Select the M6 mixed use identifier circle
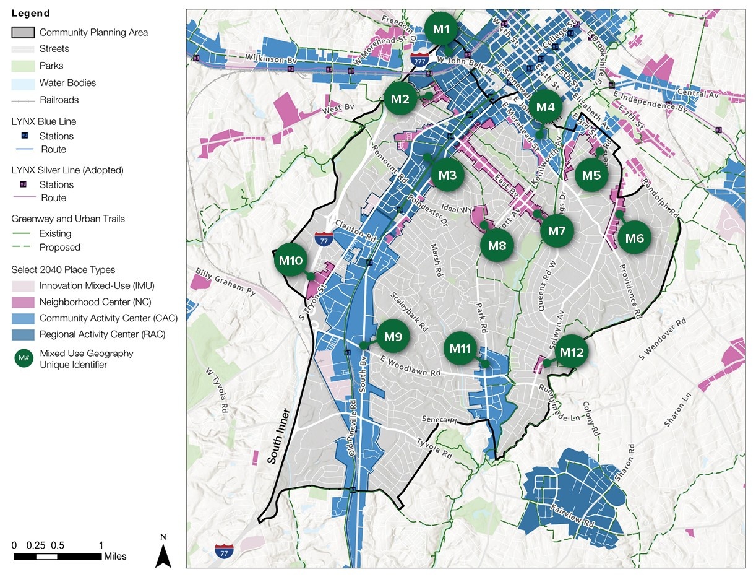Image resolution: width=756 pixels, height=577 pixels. click(x=635, y=238)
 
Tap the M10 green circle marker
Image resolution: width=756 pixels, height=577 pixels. click(x=290, y=261)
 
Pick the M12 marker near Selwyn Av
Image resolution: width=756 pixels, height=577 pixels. click(x=571, y=352)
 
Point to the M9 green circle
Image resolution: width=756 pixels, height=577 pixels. click(x=393, y=337)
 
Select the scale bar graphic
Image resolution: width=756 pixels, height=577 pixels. click(x=58, y=557)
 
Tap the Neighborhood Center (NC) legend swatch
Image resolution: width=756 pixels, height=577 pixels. click(x=24, y=302)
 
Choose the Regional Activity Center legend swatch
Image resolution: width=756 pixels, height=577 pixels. click(x=24, y=334)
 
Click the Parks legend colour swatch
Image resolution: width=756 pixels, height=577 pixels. click(x=24, y=66)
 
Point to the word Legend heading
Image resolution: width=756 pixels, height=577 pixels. click(x=30, y=13)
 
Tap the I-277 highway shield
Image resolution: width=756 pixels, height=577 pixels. click(x=418, y=59)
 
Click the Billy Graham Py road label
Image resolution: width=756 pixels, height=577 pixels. click(x=225, y=282)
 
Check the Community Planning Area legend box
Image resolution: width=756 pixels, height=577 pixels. click(x=24, y=32)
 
